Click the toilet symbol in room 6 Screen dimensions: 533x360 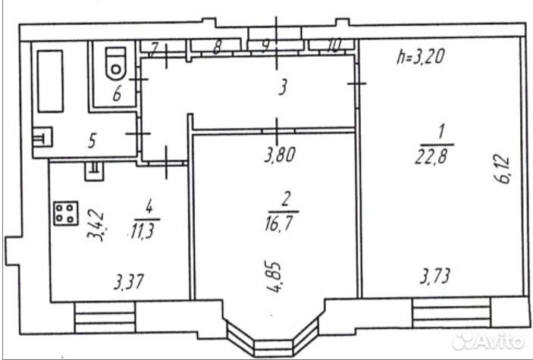click(x=116, y=63)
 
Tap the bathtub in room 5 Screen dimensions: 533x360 click(x=50, y=81)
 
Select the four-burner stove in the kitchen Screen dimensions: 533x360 click(x=66, y=213)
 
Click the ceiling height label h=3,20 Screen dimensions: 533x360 click(x=421, y=56)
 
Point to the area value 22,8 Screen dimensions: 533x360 click(x=431, y=157)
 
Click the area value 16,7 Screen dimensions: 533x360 click(x=279, y=223)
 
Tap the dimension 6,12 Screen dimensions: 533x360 click(x=503, y=169)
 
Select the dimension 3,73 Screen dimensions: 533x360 click(x=435, y=276)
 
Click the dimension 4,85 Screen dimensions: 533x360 click(x=274, y=277)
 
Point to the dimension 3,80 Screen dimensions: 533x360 click(x=280, y=155)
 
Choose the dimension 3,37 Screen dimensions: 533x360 click(x=129, y=282)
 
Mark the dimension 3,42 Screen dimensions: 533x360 click(x=96, y=225)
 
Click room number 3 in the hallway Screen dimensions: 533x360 click(x=283, y=87)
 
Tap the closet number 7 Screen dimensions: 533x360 click(x=154, y=49)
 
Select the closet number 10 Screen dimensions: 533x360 click(x=334, y=45)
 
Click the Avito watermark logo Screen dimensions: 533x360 click(x=488, y=341)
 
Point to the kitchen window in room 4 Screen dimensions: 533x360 click(x=105, y=318)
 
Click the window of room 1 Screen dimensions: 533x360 click(x=451, y=312)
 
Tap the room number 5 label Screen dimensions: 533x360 click(x=92, y=141)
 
